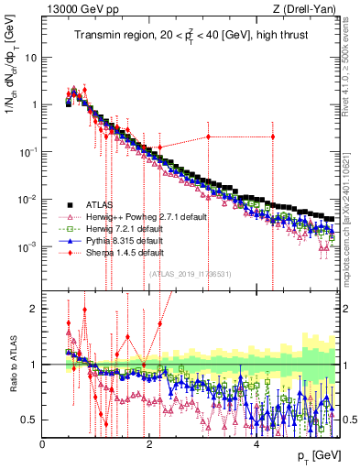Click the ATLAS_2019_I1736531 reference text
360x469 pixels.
click(x=189, y=273)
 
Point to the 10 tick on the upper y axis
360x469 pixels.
click(x=33, y=57)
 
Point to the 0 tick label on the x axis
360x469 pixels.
click(x=42, y=444)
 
